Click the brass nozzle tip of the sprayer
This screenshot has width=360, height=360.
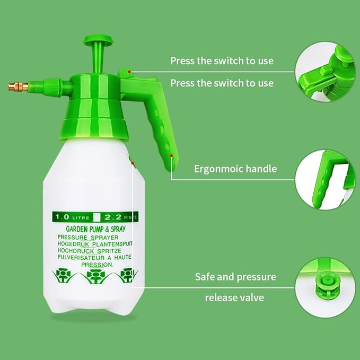tap(18, 86)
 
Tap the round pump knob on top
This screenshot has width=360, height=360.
tap(98, 39)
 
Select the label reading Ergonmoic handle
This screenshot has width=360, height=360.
tap(235, 169)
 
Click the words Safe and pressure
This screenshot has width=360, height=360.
tap(235, 277)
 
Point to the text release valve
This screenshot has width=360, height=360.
tap(234, 297)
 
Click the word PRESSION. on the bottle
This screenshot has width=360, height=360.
tap(97, 264)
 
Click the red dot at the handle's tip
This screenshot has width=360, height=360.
tap(172, 156)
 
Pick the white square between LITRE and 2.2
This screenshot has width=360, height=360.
tap(97, 216)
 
